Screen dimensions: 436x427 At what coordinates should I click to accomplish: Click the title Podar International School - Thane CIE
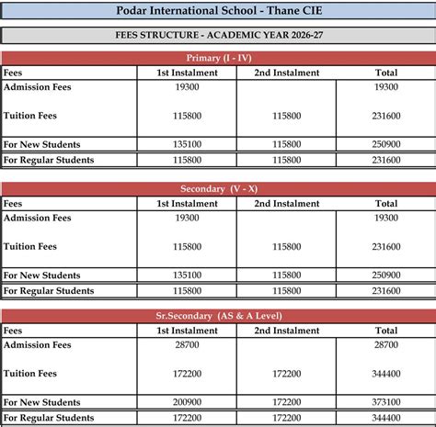click(217, 11)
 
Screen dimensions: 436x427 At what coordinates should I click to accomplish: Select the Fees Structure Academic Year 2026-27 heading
click(217, 37)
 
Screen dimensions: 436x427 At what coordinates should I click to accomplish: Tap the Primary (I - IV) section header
click(217, 58)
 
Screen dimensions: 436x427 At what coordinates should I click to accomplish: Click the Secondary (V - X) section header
click(217, 188)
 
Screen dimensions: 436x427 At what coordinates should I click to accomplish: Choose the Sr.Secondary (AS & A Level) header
click(217, 315)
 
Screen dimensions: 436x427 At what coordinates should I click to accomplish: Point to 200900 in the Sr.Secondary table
click(187, 402)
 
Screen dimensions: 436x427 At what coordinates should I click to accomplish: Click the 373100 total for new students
click(386, 402)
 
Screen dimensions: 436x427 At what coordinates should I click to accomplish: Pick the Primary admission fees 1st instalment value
click(187, 87)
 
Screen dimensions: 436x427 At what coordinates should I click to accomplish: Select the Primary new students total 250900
click(386, 144)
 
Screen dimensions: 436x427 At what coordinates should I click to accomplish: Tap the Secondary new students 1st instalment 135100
click(187, 275)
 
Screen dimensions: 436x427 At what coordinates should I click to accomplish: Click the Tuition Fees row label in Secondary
click(30, 246)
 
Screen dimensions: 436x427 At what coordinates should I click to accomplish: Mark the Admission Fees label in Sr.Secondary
click(37, 345)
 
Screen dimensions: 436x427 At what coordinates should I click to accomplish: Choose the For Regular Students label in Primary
click(49, 160)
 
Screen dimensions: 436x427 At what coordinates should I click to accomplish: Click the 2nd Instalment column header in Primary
click(286, 73)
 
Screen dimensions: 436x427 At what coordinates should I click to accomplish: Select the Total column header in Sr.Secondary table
click(386, 331)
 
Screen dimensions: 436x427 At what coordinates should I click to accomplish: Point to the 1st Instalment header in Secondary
click(187, 204)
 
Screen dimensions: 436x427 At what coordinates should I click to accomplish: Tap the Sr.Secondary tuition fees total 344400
click(386, 374)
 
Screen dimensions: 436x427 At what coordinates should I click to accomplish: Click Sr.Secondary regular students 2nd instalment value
click(286, 418)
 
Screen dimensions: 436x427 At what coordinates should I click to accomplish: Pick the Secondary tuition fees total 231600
click(386, 247)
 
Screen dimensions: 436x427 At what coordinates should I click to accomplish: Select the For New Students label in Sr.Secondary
click(41, 402)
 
